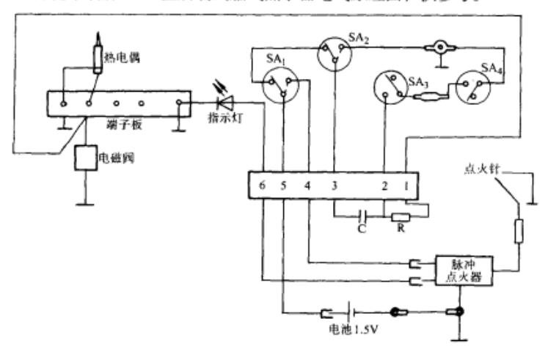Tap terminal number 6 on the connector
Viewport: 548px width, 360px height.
(x=262, y=185)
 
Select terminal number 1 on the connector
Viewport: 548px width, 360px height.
(x=406, y=185)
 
